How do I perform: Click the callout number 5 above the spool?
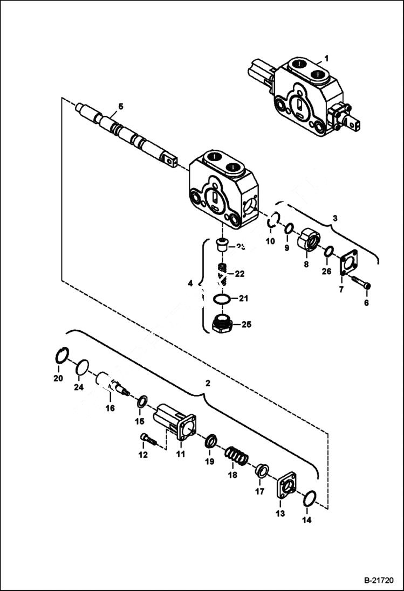coord(120,106)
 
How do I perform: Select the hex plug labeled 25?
coord(222,325)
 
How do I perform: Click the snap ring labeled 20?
coord(63,356)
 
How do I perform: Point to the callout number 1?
coord(326,57)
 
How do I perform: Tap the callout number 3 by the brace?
coord(334,218)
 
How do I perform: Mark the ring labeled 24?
coord(81,367)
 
